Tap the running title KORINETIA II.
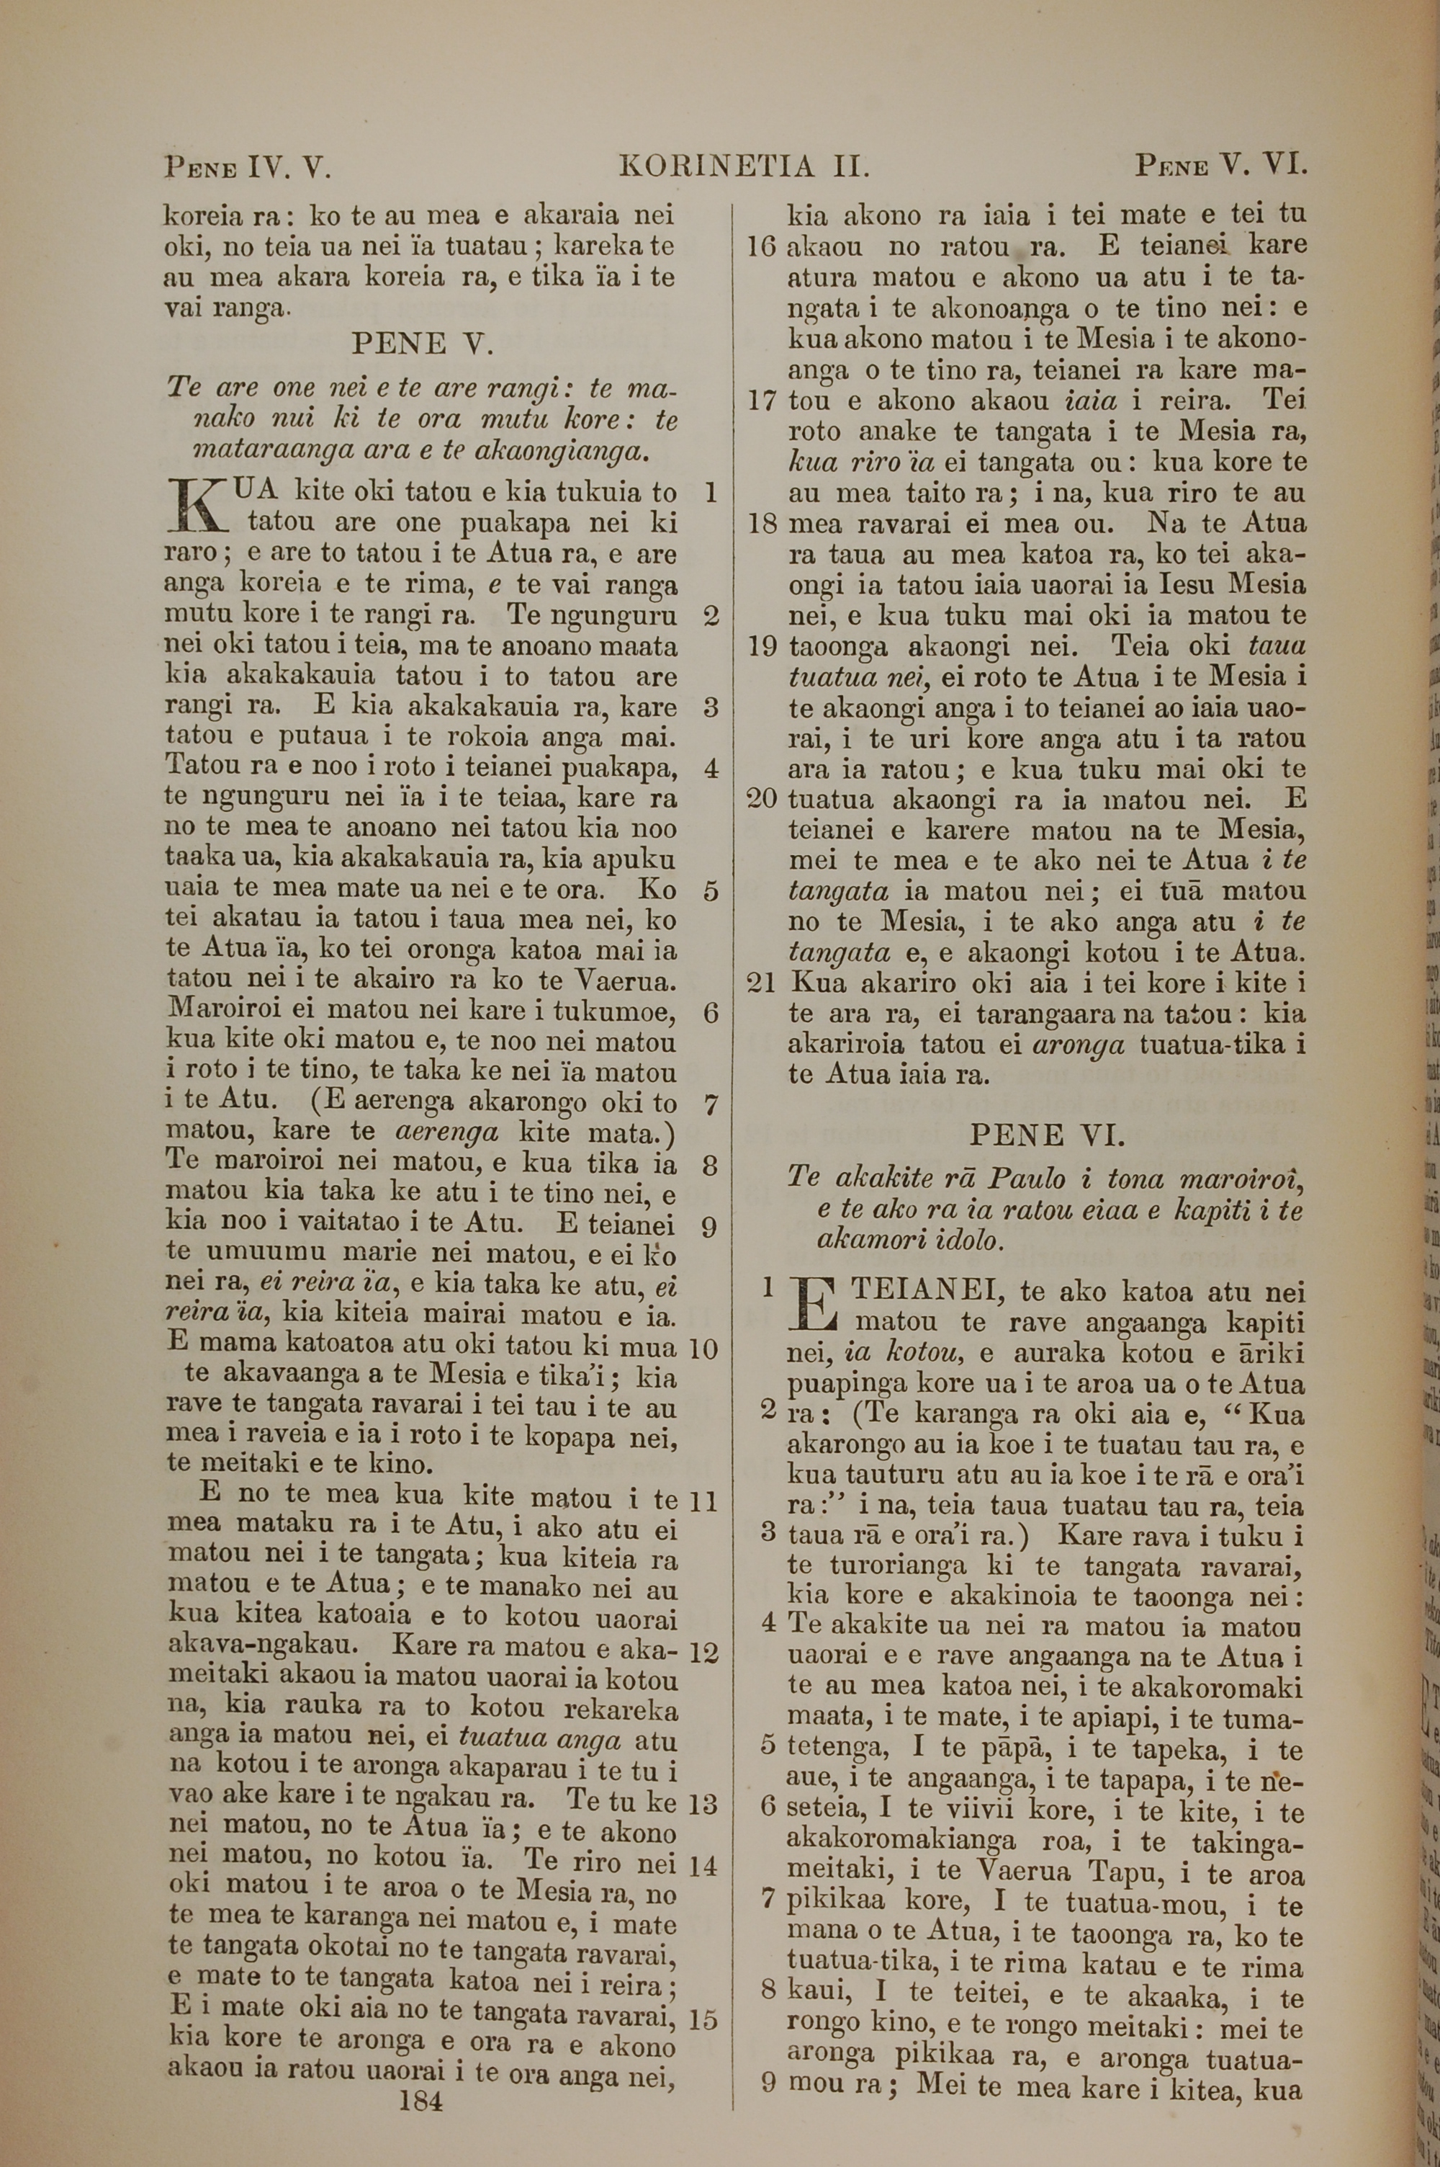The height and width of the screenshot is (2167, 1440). pyautogui.click(x=744, y=167)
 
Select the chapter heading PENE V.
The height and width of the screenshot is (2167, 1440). pyautogui.click(x=423, y=344)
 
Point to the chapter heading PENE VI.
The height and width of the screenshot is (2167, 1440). pyautogui.click(x=1047, y=1135)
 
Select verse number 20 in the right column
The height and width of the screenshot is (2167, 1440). pyautogui.click(x=762, y=798)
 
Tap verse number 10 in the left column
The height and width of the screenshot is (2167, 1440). pyautogui.click(x=703, y=1349)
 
